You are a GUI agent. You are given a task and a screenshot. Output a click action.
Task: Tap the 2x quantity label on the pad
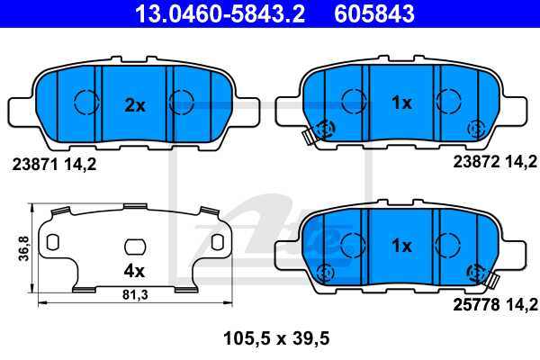click(x=134, y=104)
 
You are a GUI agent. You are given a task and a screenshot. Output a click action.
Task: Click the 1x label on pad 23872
click(x=401, y=103)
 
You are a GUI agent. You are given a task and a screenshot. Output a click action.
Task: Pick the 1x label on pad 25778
click(x=401, y=245)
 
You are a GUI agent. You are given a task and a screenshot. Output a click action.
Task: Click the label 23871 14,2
click(x=54, y=165)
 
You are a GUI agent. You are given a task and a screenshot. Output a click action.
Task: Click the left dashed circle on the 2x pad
click(x=85, y=103)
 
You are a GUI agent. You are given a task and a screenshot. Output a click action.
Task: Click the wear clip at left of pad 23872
click(x=310, y=136)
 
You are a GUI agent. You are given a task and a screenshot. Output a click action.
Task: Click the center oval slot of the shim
click(x=134, y=245)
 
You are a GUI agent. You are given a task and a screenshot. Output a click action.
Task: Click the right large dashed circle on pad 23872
click(x=447, y=101)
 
